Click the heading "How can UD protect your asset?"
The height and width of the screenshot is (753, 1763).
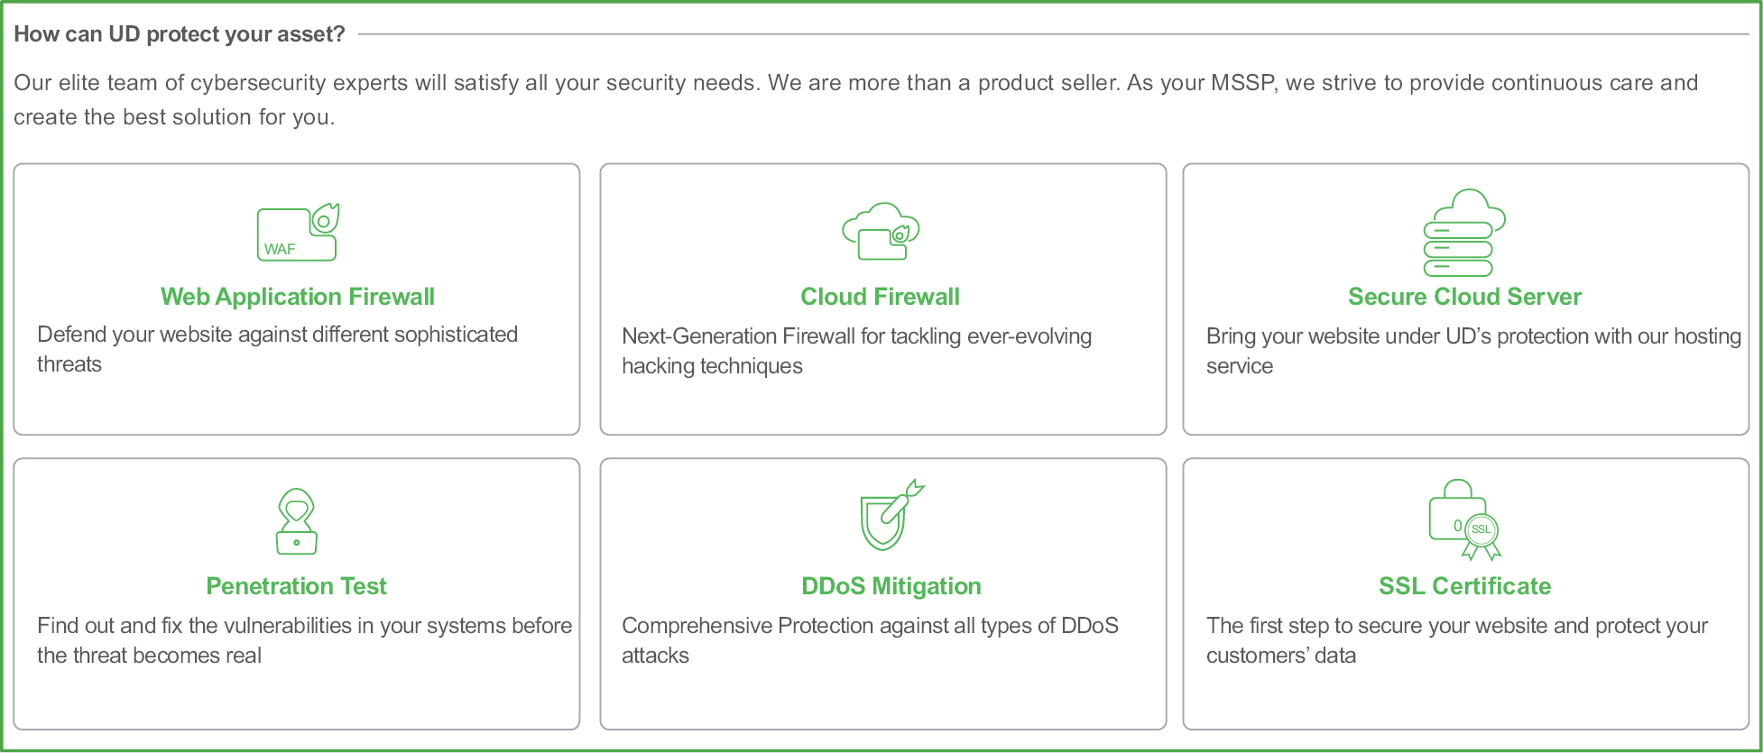tap(180, 34)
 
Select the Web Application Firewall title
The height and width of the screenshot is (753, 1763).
tap(298, 297)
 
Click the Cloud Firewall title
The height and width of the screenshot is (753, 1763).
tap(881, 297)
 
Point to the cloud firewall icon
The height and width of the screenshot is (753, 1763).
tap(881, 232)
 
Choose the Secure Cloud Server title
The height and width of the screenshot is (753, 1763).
tap(1465, 297)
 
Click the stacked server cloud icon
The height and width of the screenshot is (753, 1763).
tap(1464, 233)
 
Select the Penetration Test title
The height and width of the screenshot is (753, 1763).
tap(297, 586)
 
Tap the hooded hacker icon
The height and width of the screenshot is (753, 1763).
tap(297, 521)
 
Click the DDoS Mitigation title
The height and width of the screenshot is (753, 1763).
tap(891, 586)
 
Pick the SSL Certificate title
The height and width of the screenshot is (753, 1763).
tap(1465, 586)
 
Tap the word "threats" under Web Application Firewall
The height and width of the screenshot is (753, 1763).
tap(69, 364)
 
